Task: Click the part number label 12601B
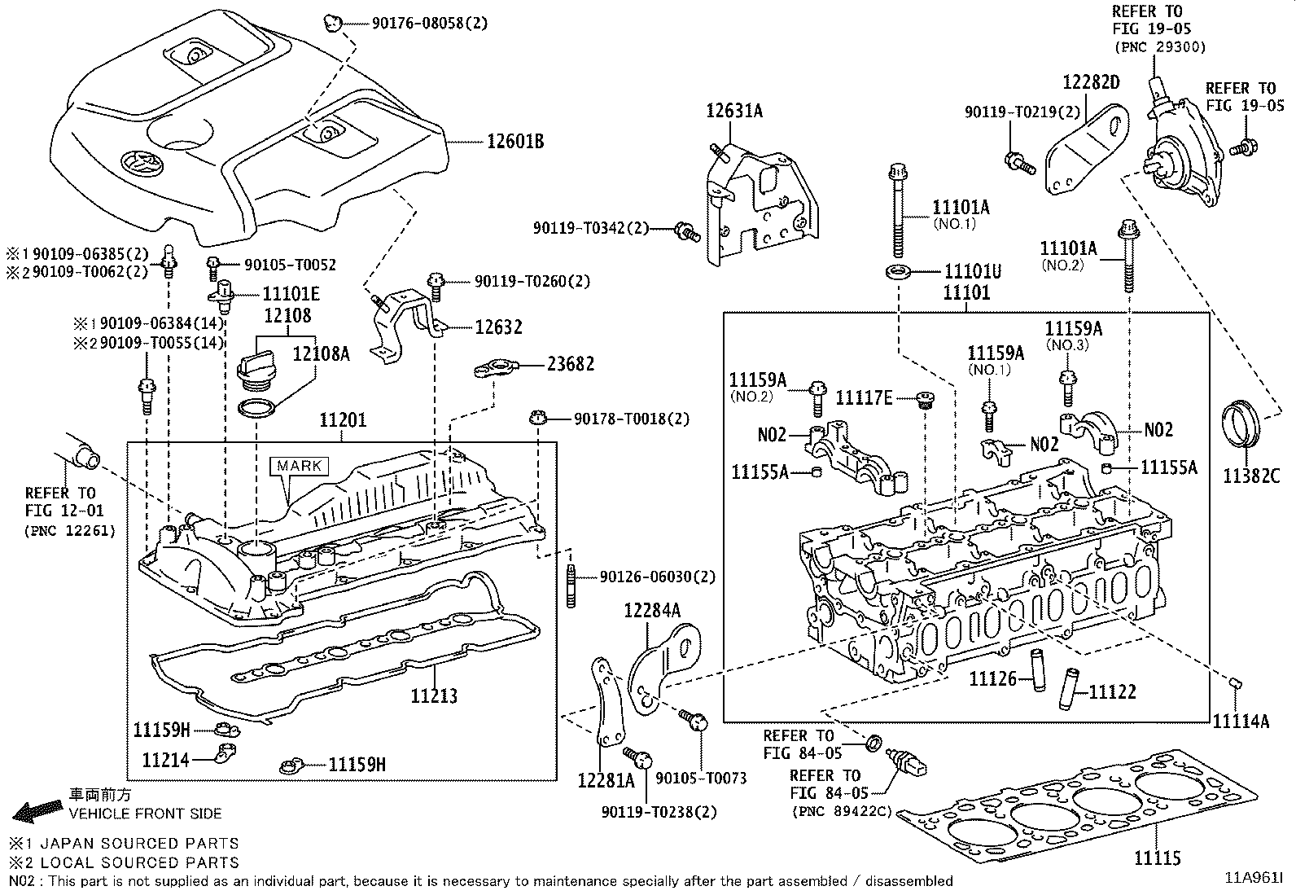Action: (x=514, y=142)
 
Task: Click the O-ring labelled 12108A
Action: (x=257, y=408)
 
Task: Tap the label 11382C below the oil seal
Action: (x=1250, y=476)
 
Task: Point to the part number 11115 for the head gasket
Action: (x=1157, y=857)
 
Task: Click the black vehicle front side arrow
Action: (x=37, y=809)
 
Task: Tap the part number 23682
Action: (x=570, y=363)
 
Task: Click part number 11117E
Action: (x=864, y=397)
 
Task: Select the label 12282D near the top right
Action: (x=1091, y=81)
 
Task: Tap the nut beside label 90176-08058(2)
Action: (x=331, y=23)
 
